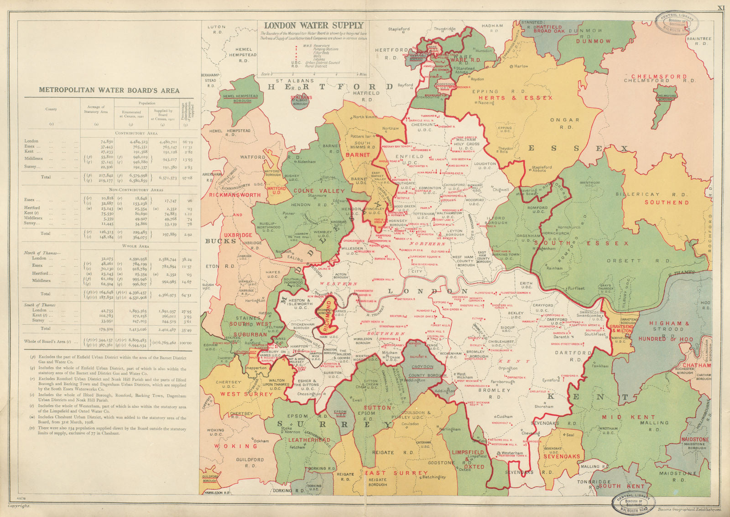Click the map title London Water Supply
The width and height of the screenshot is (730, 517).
[x=313, y=26]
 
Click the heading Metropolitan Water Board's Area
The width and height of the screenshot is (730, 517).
[x=109, y=90]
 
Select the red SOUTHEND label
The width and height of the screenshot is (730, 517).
[x=667, y=202]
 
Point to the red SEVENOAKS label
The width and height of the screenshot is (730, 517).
[x=562, y=456]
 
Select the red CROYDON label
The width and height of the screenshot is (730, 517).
[x=422, y=366]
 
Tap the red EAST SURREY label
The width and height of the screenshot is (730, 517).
[x=396, y=473]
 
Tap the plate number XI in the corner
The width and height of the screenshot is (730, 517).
[x=720, y=8]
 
